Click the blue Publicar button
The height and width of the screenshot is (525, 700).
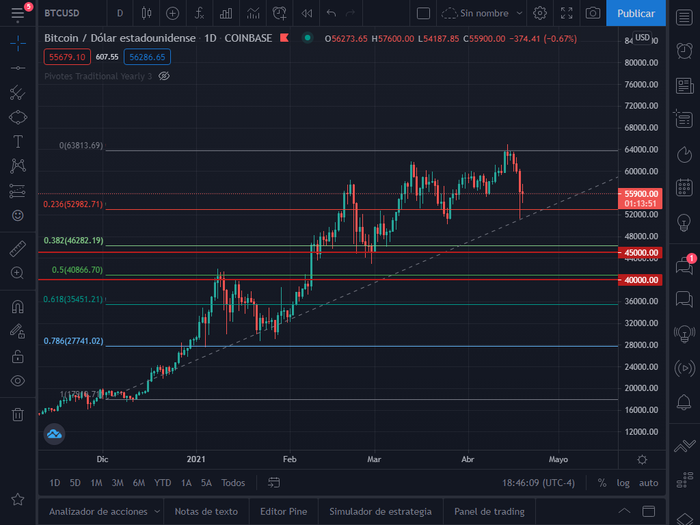pyautogui.click(x=636, y=13)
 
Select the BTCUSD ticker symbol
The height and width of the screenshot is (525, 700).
pyautogui.click(x=62, y=13)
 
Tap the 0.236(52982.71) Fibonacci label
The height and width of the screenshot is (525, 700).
pyautogui.click(x=73, y=204)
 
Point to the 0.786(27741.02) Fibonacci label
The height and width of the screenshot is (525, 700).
pyautogui.click(x=73, y=341)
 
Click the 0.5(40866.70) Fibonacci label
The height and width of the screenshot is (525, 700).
pyautogui.click(x=77, y=270)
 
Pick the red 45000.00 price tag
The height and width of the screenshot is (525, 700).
pyautogui.click(x=642, y=253)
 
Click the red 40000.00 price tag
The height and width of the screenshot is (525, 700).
pyautogui.click(x=642, y=280)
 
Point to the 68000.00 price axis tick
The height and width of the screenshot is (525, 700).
pyautogui.click(x=641, y=128)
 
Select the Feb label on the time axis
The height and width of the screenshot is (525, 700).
pyautogui.click(x=290, y=459)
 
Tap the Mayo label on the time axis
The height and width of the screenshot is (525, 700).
pyautogui.click(x=558, y=459)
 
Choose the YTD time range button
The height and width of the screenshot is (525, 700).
pyautogui.click(x=163, y=483)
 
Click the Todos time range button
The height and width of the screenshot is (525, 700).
pyautogui.click(x=233, y=483)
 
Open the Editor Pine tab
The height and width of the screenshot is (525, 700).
pyautogui.click(x=284, y=511)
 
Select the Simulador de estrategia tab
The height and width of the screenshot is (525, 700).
pyautogui.click(x=380, y=511)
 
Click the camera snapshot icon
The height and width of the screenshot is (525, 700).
pyautogui.click(x=593, y=13)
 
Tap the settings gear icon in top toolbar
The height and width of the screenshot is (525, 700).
pyautogui.click(x=540, y=13)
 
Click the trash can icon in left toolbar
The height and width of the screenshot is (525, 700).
pyautogui.click(x=18, y=414)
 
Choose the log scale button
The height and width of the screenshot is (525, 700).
pyautogui.click(x=623, y=483)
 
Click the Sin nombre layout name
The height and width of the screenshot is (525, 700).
pyautogui.click(x=484, y=13)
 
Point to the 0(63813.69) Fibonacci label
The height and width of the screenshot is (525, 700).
pyautogui.click(x=81, y=146)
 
